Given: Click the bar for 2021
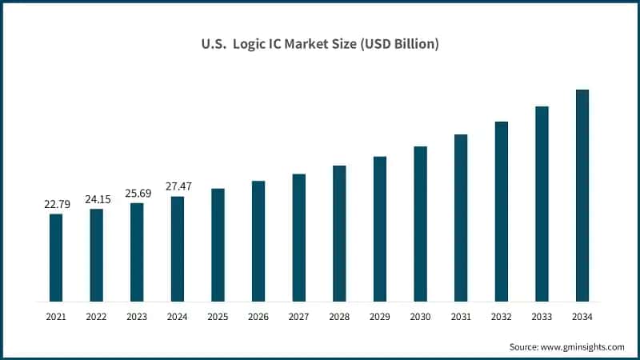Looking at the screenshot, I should tap(56, 258).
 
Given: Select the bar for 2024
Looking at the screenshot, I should tap(178, 249).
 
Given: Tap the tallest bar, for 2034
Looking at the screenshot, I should tap(582, 196).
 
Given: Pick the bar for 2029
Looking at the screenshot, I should tap(380, 229).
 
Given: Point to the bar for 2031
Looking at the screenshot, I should tap(461, 218).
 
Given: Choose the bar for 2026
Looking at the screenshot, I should tap(258, 241).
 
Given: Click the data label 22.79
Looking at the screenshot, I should tap(57, 204).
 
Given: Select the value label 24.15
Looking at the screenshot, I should tap(97, 199).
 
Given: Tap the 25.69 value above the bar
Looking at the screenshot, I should tap(137, 193).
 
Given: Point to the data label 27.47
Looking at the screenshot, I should tap(178, 186).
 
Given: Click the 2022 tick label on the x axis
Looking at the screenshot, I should tap(96, 318).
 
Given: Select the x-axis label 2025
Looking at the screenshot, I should tap(218, 318).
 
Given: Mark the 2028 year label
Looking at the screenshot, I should tap(339, 318).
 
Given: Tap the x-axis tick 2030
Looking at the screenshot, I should tap(420, 318).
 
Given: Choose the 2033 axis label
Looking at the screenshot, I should tap(542, 318).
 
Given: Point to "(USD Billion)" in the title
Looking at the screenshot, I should tap(397, 45).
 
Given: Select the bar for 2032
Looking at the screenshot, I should tap(502, 211).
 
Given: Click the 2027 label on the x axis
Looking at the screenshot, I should tap(298, 318).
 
